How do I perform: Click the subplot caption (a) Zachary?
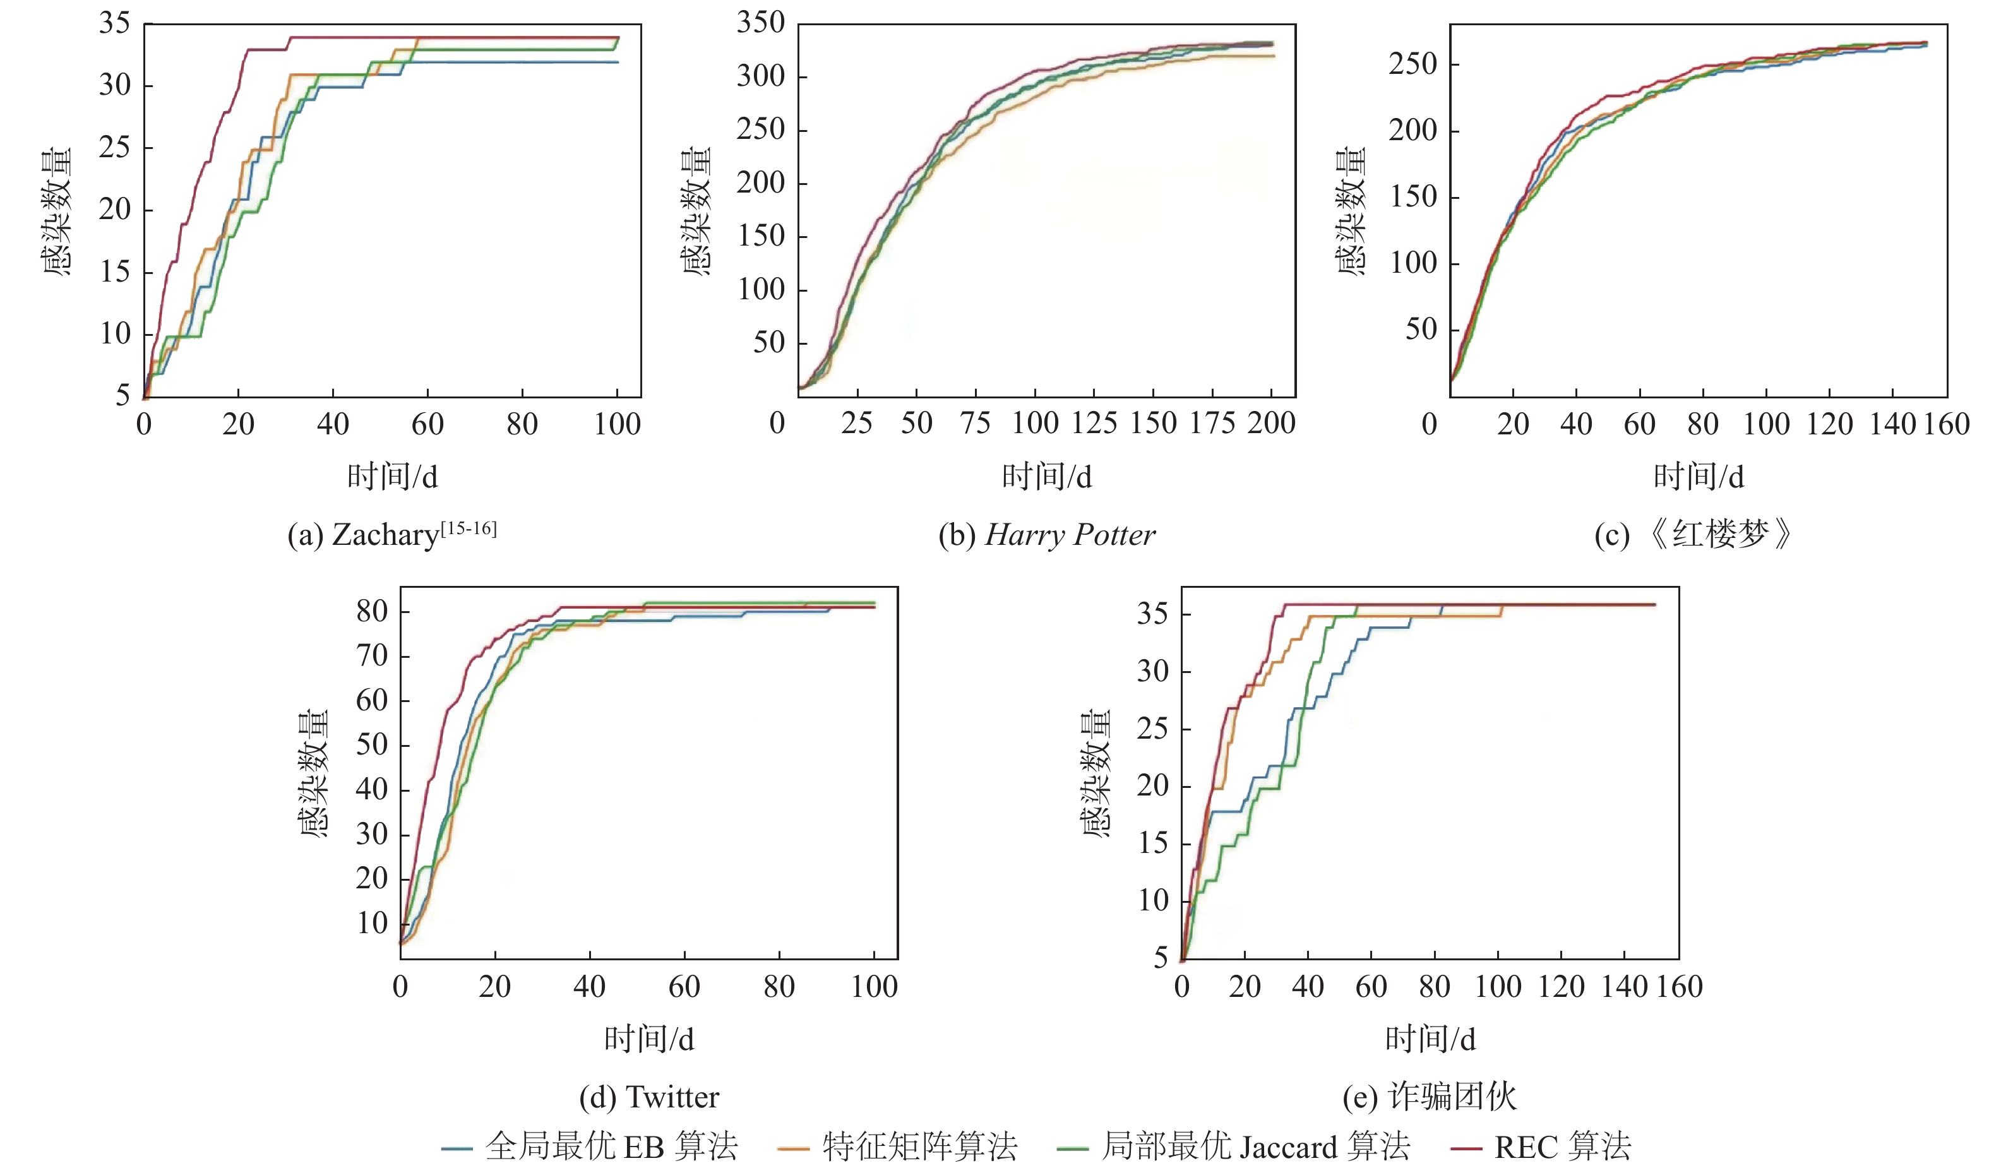(x=391, y=535)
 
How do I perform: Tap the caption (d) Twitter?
(x=649, y=1097)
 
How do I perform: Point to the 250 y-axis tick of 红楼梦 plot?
(x=1413, y=64)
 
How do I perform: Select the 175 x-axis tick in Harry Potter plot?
(x=1212, y=424)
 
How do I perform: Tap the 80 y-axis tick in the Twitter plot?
(x=372, y=611)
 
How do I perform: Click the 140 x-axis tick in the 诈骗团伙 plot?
(x=1623, y=986)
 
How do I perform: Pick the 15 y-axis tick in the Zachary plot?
(x=114, y=271)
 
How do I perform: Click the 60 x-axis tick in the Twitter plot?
(x=684, y=986)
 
